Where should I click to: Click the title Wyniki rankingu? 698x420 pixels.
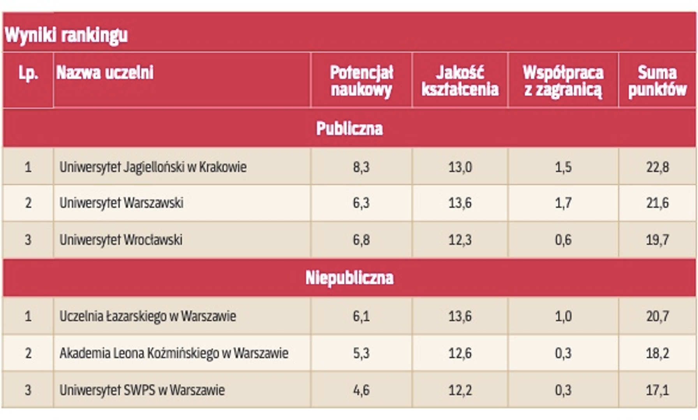tap(66, 35)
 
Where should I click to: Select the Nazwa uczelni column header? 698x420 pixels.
tap(105, 73)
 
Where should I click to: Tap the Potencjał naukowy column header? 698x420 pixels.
tap(361, 81)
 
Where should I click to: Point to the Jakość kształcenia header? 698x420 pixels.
tap(460, 81)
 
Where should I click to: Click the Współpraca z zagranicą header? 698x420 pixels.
tap(563, 81)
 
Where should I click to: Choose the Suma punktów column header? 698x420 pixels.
tap(657, 81)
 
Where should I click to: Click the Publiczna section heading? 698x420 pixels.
tap(349, 129)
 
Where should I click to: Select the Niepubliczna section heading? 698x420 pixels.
tap(349, 278)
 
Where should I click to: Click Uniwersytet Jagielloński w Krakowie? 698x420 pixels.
tap(153, 167)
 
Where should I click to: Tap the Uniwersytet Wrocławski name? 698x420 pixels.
tap(121, 240)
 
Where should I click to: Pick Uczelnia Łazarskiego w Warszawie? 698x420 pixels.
tap(148, 316)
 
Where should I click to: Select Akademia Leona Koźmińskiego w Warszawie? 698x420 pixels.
tap(174, 353)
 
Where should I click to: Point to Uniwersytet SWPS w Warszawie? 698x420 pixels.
tap(142, 390)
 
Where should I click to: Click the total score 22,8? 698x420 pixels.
tap(657, 167)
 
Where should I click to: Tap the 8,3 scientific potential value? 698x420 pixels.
tap(361, 167)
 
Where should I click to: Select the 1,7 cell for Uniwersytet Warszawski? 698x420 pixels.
tap(563, 203)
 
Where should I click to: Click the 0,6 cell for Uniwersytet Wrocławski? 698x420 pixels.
tap(563, 240)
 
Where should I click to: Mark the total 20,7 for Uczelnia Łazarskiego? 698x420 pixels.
tap(657, 316)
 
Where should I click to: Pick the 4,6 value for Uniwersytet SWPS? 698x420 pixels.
tap(361, 390)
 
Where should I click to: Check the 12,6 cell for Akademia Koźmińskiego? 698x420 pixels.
tap(460, 353)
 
